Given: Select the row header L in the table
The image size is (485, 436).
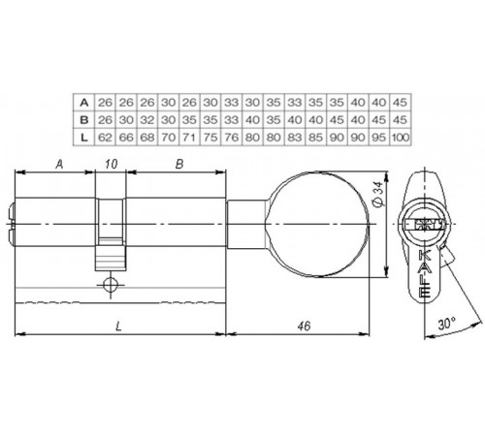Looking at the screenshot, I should (85, 137).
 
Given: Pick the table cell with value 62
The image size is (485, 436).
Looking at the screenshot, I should (106, 137).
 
